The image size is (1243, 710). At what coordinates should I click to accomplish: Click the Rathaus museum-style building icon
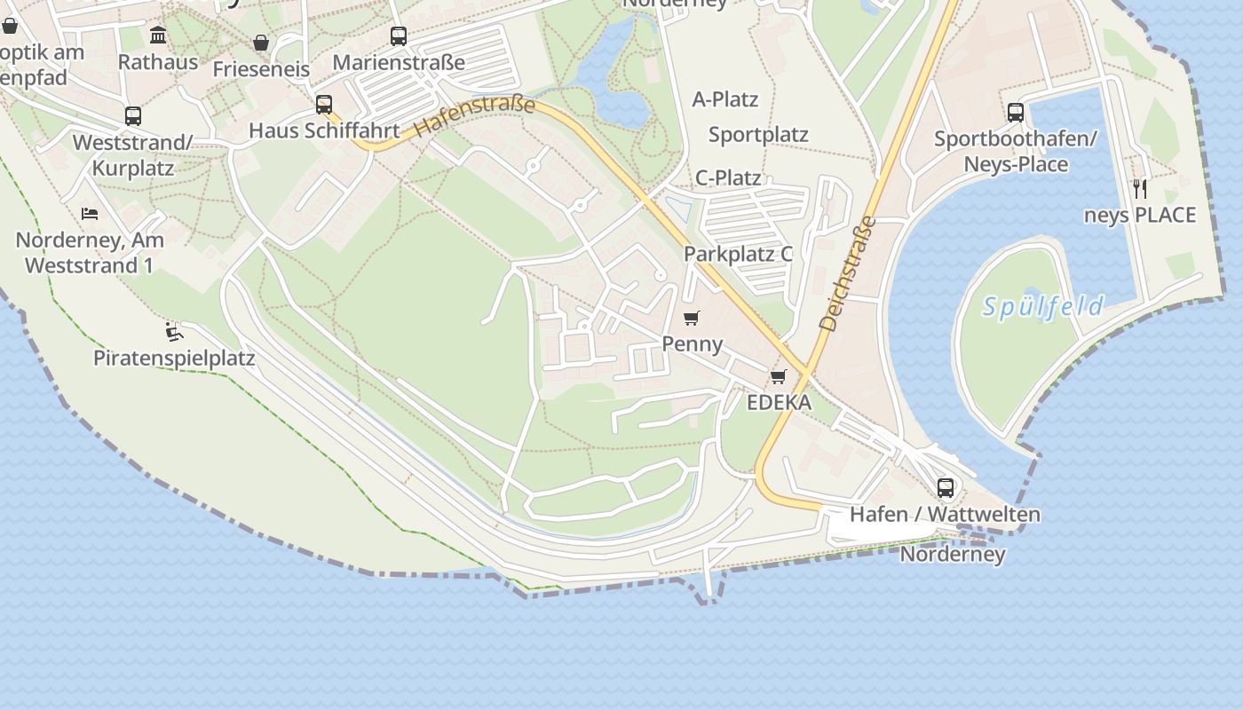tap(158, 35)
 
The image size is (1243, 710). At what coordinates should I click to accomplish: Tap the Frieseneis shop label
tap(261, 69)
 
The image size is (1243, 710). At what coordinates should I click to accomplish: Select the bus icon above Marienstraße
tap(399, 36)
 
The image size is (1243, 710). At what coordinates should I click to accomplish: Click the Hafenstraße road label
tap(475, 116)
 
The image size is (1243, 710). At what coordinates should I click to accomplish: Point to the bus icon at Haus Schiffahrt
tap(324, 104)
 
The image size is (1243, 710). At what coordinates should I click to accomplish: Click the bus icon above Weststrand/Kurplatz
tap(133, 116)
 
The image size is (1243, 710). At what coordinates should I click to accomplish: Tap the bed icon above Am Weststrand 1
tap(90, 213)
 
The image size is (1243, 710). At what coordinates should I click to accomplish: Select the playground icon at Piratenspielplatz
tap(174, 333)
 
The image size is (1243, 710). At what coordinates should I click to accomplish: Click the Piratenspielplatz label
tap(174, 358)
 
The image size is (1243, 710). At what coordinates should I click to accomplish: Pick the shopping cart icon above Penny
tap(692, 318)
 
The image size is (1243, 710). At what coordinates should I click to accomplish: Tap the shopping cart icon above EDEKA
tap(779, 376)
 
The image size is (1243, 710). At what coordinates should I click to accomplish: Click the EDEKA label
tap(779, 402)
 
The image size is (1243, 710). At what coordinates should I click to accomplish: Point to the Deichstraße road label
tap(846, 274)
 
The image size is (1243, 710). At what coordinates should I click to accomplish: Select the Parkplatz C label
tap(738, 254)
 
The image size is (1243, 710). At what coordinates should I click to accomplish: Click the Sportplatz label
tap(758, 135)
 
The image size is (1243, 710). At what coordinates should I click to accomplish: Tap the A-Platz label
tap(725, 99)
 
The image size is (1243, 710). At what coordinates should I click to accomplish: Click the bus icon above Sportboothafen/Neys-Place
tap(1016, 113)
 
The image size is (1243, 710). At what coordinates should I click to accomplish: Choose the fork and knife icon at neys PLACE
tap(1140, 188)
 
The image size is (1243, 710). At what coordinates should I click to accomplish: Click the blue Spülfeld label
tap(1042, 307)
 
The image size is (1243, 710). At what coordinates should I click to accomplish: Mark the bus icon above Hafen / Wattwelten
tap(946, 487)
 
